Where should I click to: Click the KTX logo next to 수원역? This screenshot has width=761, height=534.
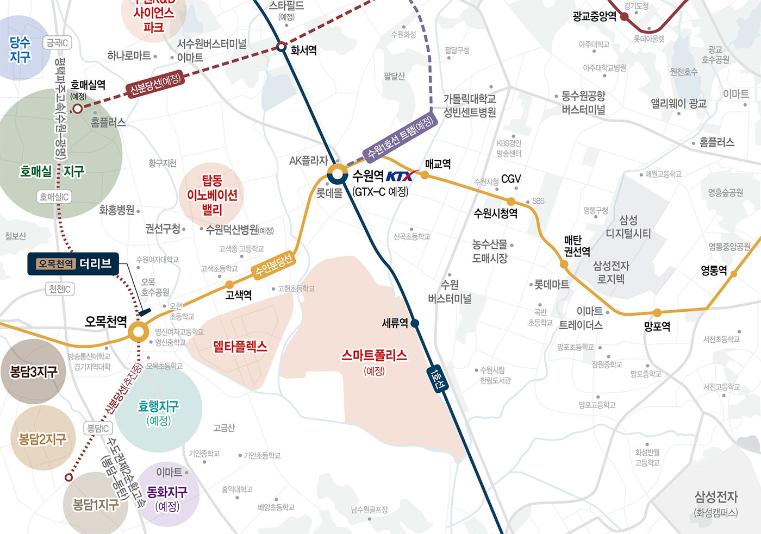tap(402, 176)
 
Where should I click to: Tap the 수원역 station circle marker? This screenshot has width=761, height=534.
tap(337, 175)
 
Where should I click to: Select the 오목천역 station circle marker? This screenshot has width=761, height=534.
tap(139, 332)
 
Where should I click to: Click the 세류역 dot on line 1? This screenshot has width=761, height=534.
tap(415, 323)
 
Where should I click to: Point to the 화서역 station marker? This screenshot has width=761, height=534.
tap(281, 47)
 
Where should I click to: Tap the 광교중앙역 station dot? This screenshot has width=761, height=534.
tap(625, 16)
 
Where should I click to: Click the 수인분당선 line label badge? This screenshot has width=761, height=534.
tap(275, 263)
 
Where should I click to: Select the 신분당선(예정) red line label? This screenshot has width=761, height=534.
tap(155, 85)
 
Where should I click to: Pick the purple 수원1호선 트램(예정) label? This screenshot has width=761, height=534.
tap(400, 137)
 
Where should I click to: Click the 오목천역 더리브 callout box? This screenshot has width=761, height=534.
tap(74, 264)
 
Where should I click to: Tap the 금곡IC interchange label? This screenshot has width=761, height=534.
tap(57, 43)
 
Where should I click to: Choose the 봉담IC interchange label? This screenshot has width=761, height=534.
tap(98, 428)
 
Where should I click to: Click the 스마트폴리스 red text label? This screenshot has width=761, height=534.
tap(374, 356)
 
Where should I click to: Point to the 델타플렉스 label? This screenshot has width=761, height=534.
tap(240, 346)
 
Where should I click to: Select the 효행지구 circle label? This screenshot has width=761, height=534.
tap(158, 412)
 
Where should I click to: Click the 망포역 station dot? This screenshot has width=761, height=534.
tap(657, 313)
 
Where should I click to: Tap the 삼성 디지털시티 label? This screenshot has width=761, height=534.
tap(628, 227)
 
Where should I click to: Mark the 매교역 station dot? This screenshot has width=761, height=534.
tap(425, 175)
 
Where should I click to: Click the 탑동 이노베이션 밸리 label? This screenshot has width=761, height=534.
tap(212, 194)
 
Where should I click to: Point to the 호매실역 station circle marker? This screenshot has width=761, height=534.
tap(78, 109)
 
